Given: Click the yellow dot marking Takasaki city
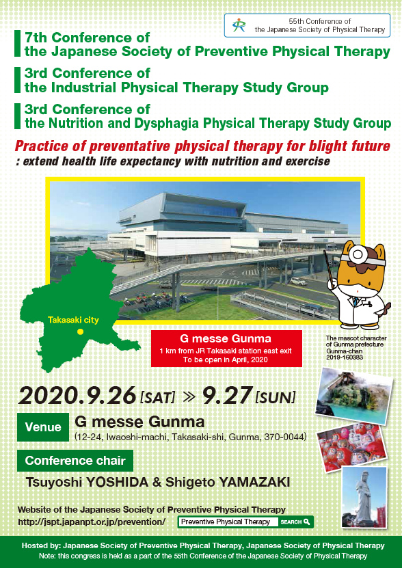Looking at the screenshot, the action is [x=81, y=332].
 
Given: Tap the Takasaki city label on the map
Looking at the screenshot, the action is [x=73, y=320].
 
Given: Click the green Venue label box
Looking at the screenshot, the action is [x=43, y=427].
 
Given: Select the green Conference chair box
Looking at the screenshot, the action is [x=75, y=461].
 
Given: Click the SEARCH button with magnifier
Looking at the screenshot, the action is [x=295, y=522].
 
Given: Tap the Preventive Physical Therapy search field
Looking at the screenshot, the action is [x=228, y=522].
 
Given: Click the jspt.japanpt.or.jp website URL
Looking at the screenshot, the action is [x=92, y=522].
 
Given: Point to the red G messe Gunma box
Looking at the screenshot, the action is [x=226, y=348].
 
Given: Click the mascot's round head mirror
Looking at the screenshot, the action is [x=357, y=254].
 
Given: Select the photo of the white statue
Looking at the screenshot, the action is [x=364, y=497].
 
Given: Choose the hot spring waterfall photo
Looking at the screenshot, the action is [x=354, y=396].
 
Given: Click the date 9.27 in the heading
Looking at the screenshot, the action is [x=226, y=396].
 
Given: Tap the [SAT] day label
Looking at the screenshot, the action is [x=157, y=398].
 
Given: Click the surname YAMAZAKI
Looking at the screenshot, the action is [x=250, y=483].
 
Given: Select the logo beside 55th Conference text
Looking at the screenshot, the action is [x=239, y=25].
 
